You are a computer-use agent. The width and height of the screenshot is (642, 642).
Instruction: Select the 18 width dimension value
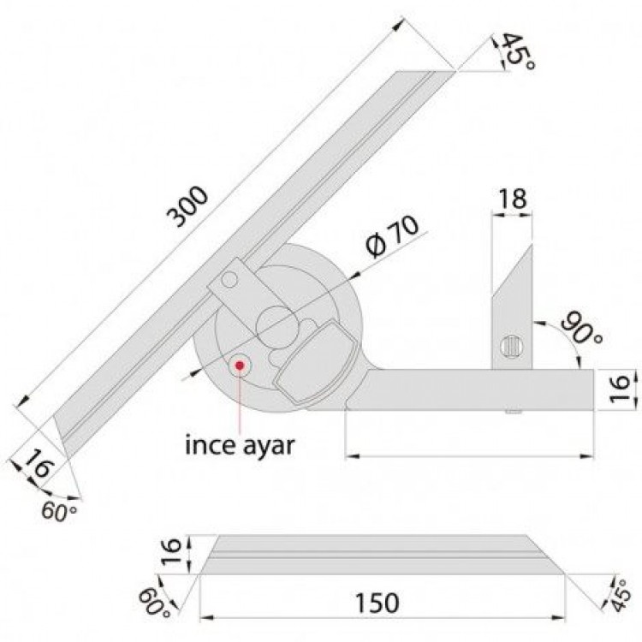pyautogui.click(x=513, y=199)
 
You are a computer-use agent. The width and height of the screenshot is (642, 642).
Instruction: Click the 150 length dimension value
pyautogui.click(x=378, y=603)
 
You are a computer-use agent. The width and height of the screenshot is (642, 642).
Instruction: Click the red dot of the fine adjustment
pyautogui.click(x=241, y=366)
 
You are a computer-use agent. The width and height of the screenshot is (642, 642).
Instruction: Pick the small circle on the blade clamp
pyautogui.click(x=231, y=281)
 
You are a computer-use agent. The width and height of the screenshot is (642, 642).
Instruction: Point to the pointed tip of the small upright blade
pyautogui.click(x=532, y=244)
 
